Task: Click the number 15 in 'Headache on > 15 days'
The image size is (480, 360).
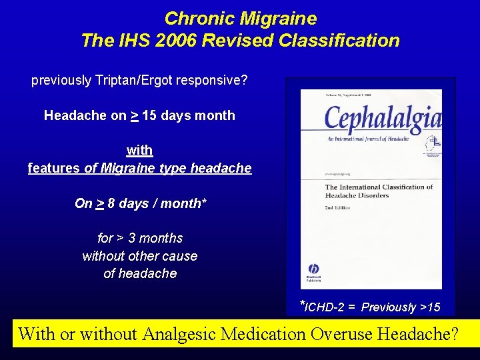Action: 150,115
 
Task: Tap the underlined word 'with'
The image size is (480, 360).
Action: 139,150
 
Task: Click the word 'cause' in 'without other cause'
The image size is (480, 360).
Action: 180,256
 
